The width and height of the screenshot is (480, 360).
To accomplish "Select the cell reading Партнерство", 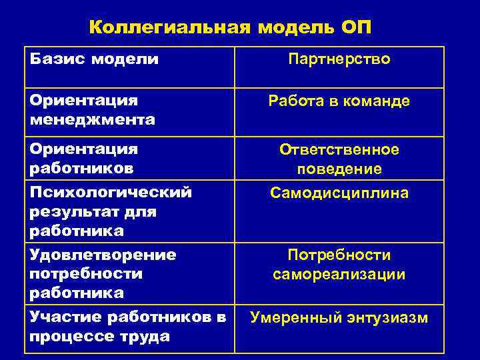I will tap(339, 59).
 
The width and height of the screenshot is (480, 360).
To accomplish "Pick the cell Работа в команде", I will tap(339, 101).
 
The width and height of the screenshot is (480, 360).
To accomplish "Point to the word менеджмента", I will tap(92, 120).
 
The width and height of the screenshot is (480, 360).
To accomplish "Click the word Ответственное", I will tap(339, 149).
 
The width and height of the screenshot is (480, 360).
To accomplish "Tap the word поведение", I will tap(339, 169).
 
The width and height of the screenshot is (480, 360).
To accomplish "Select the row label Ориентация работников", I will tap(83, 159).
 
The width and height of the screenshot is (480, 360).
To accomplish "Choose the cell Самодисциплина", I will tap(339, 193).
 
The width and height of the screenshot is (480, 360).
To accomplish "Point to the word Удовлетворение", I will tap(103, 255).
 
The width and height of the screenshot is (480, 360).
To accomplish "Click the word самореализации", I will tap(339, 275).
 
